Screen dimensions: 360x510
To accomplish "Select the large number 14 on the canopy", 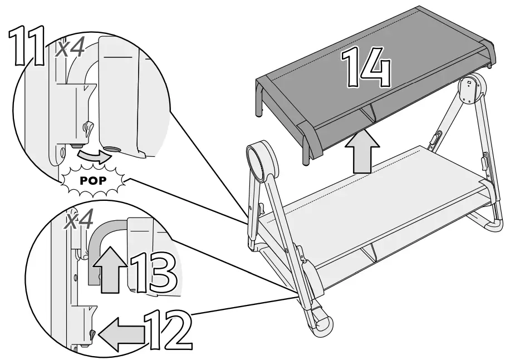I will [x=365, y=68].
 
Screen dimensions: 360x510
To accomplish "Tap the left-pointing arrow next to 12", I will [x=124, y=335].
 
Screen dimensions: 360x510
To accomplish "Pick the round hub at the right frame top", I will [x=471, y=89].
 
